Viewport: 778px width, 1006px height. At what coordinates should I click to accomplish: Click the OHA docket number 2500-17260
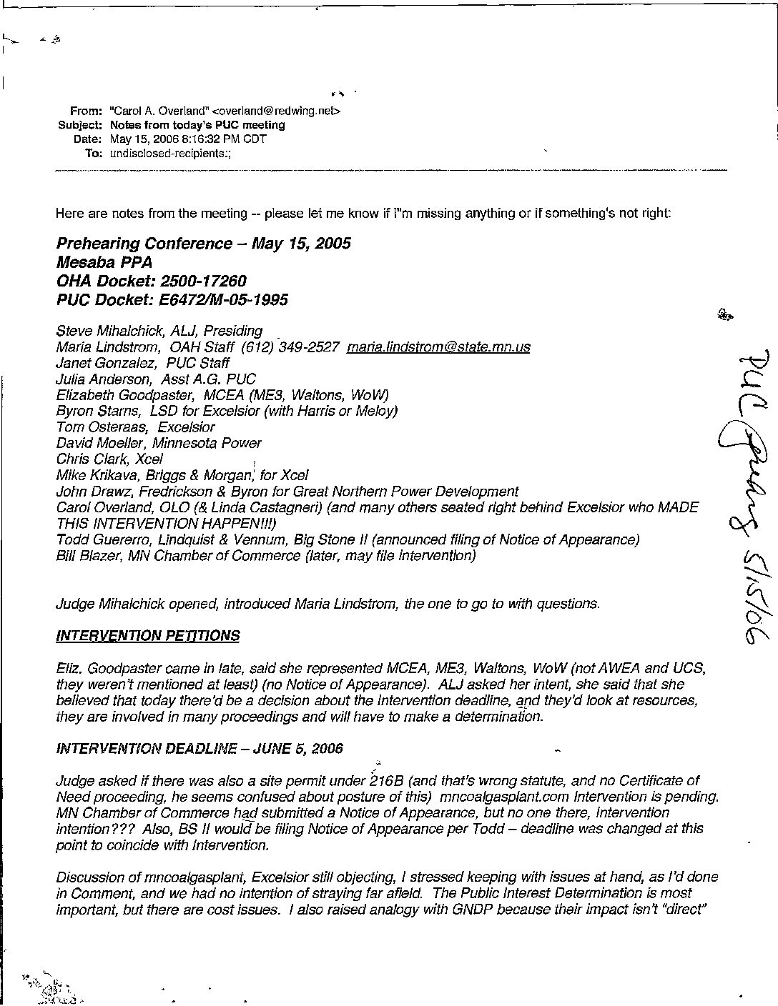tap(204, 281)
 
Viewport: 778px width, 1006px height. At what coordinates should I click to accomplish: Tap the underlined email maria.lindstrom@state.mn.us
tap(438, 347)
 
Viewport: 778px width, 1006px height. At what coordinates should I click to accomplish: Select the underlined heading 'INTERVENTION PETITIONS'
tap(148, 636)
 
